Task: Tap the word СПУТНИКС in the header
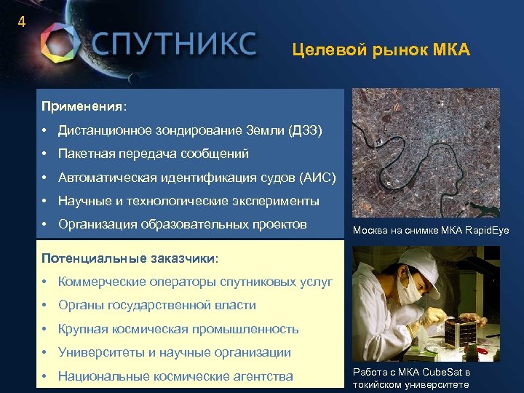173,44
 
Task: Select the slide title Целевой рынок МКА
381,50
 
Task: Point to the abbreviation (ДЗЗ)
306,130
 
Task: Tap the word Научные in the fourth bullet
85,200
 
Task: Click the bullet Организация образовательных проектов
182,223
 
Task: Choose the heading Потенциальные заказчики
129,258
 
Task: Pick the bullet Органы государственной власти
156,305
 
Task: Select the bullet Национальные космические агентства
175,376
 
